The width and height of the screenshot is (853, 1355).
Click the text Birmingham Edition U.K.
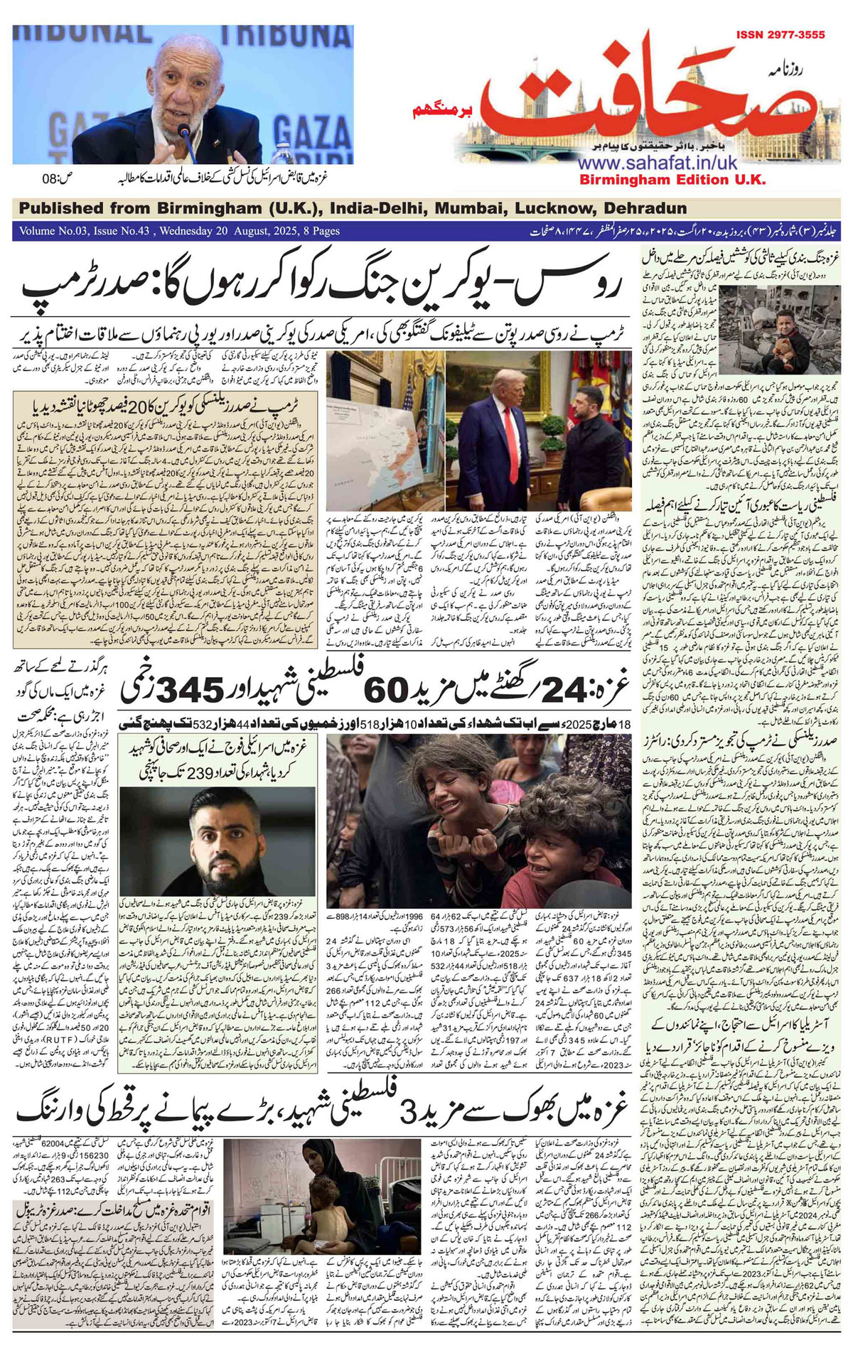[672, 180]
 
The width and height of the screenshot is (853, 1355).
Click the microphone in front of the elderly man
[183, 132]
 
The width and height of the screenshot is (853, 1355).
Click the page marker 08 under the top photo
[53, 178]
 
